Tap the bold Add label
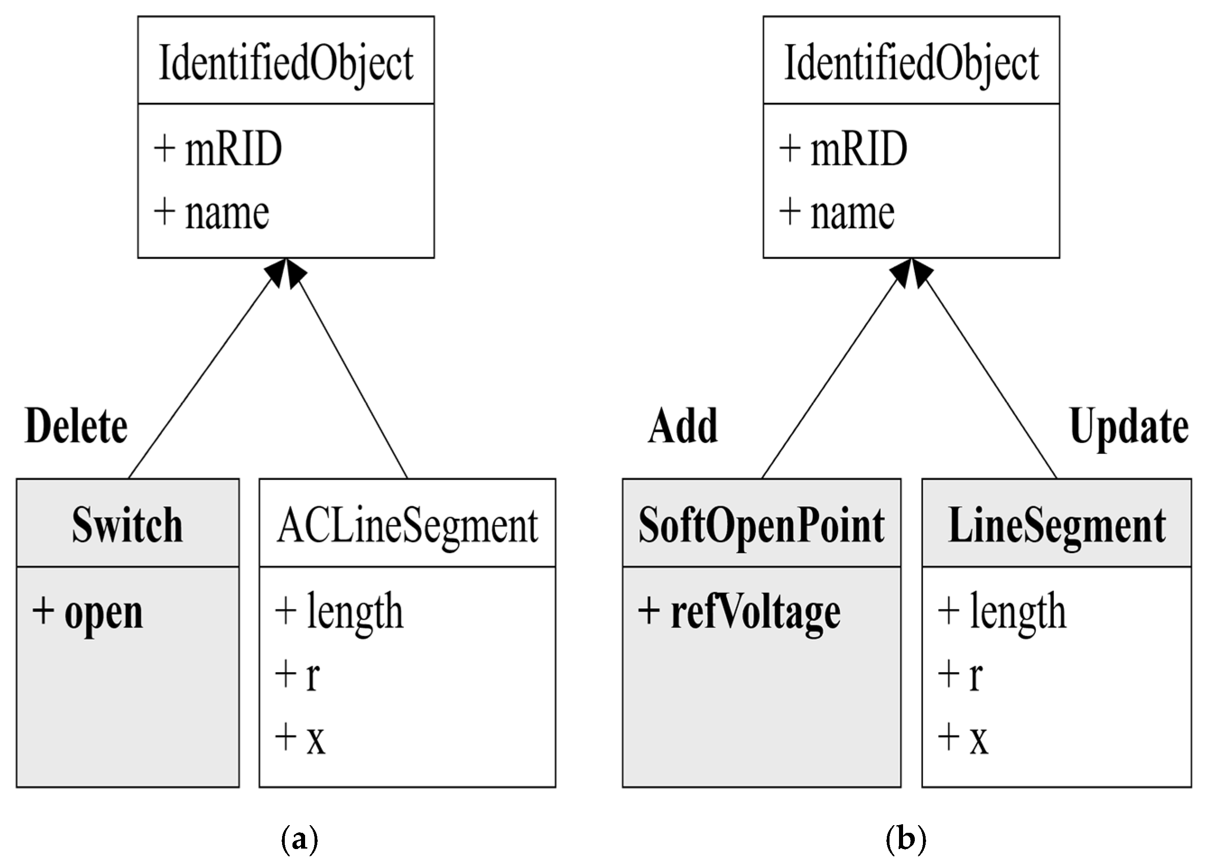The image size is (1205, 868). click(683, 427)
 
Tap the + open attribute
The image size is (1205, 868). click(88, 613)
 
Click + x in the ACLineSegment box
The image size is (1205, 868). click(300, 739)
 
